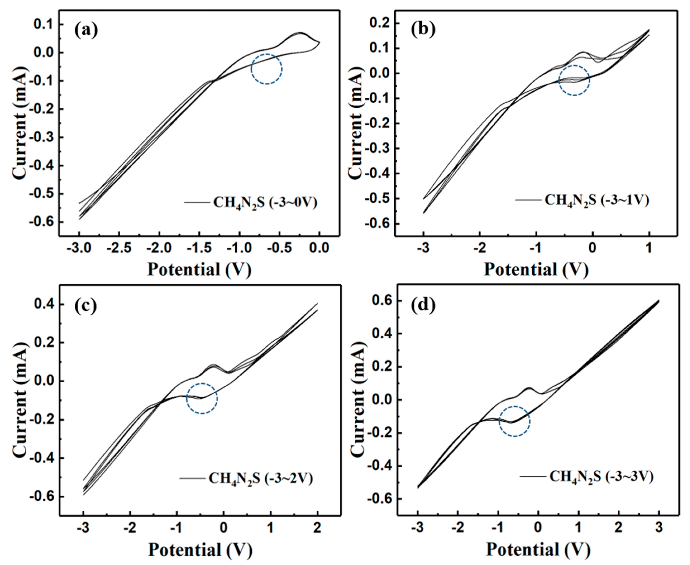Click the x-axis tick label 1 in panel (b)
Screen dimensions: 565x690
coord(649,248)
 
